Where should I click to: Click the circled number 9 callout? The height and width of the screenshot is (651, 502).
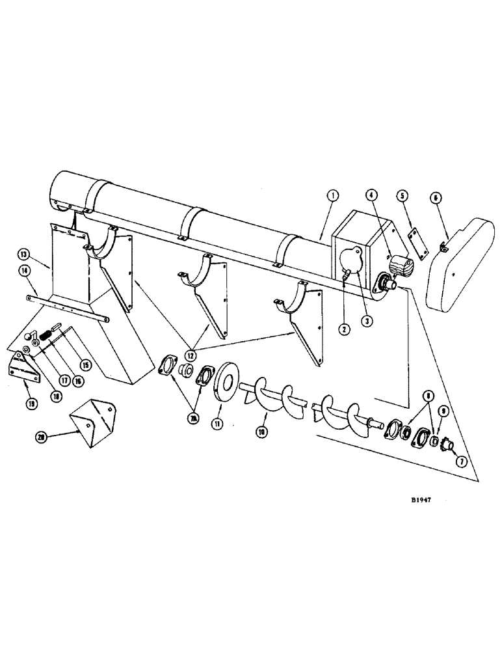(442, 411)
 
